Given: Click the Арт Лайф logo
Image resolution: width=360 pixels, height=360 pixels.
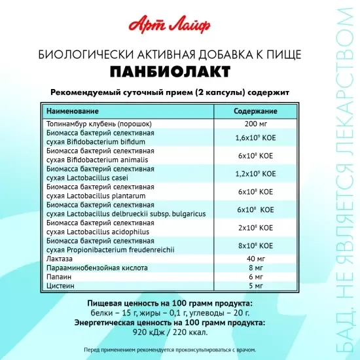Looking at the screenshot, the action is pyautogui.click(x=180, y=26).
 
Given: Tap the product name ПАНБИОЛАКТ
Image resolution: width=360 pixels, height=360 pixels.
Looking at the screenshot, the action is pyautogui.click(x=180, y=69).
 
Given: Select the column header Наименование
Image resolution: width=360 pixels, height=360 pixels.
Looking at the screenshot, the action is pyautogui.click(x=72, y=111).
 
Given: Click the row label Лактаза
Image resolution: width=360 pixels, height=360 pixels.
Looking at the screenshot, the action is pyautogui.click(x=59, y=259).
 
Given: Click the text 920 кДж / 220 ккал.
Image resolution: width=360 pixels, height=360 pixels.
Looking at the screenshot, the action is pyautogui.click(x=180, y=332).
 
